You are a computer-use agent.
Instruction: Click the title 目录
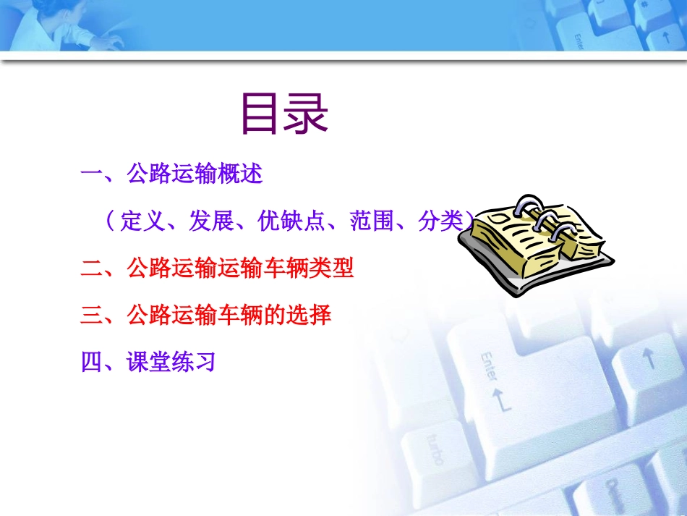[284, 114]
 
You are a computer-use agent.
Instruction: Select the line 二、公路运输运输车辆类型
[217, 268]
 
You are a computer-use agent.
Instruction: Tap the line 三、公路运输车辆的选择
[206, 316]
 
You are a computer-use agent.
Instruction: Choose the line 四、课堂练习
[148, 362]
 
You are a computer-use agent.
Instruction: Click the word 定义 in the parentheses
[137, 221]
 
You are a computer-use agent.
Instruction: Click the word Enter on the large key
[488, 365]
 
